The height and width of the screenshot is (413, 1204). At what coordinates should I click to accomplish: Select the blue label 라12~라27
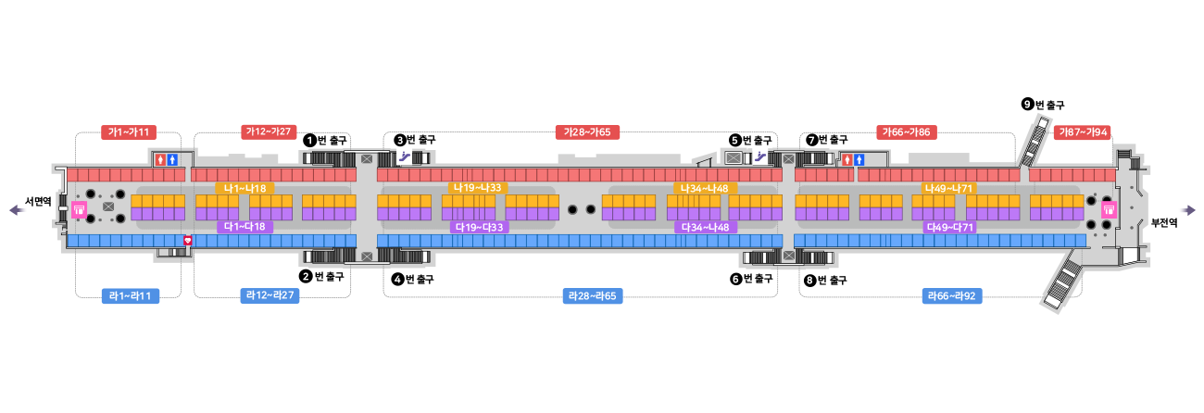271,296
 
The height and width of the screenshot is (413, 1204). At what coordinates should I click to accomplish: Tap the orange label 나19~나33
478,188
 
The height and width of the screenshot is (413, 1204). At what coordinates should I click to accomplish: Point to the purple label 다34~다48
705,227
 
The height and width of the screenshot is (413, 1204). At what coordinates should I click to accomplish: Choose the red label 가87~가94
1084,132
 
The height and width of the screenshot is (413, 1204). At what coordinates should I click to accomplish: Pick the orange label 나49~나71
948,188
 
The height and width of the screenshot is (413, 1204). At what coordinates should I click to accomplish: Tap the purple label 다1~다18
245,227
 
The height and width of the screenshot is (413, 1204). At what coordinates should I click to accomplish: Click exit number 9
1027,105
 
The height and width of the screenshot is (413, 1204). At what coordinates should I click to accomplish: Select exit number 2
306,276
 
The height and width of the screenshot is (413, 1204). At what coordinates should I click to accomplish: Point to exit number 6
735,279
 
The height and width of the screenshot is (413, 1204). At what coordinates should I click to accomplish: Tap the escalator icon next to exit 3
404,157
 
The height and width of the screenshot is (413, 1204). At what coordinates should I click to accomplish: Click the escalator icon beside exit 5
760,156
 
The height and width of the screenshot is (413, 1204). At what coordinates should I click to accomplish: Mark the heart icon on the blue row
188,240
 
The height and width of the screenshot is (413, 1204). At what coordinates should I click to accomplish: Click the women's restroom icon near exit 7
847,159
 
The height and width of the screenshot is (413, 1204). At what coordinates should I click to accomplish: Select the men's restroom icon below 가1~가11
171,159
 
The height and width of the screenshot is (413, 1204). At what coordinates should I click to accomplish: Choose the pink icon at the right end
1108,209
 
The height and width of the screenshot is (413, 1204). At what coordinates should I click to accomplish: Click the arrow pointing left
18,210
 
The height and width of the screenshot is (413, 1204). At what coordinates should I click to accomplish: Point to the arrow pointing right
1186,210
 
